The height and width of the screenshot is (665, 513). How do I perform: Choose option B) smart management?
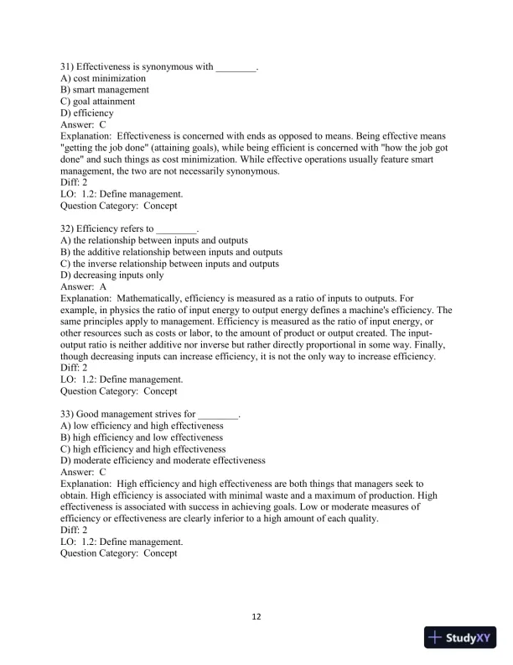point(105,90)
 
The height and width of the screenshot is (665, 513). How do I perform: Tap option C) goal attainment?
point(98,102)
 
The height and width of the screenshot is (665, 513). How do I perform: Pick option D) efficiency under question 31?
point(87,113)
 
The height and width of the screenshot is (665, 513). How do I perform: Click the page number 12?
point(256,617)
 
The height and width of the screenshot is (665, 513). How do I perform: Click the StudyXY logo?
point(461,637)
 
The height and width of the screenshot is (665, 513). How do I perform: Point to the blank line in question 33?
point(219,416)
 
